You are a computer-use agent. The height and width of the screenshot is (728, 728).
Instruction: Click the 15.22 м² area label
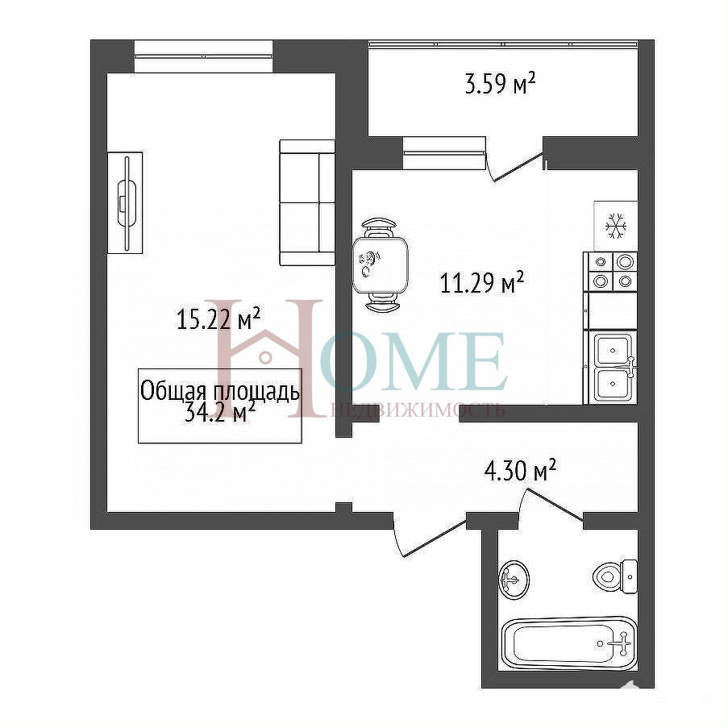coord(218,318)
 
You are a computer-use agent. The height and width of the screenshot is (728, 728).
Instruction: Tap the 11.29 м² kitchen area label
coord(482,282)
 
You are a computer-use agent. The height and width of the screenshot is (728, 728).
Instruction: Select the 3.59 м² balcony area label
coord(501,84)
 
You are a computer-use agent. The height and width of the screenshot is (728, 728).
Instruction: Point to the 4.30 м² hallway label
coord(520,471)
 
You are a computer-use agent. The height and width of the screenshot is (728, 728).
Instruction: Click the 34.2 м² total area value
coord(220,412)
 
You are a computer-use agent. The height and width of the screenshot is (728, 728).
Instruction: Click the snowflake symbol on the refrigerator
coord(616,226)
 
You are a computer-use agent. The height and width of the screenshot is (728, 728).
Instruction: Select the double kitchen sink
coord(613,367)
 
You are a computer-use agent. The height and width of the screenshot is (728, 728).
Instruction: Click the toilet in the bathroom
coord(615,576)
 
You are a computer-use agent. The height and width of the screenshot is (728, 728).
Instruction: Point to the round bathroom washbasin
coord(514,579)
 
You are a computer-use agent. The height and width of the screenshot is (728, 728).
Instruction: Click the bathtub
coord(568,643)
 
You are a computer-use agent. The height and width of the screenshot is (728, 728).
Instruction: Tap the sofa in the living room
coord(307,202)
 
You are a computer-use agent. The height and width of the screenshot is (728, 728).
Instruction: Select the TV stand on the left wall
coord(125,202)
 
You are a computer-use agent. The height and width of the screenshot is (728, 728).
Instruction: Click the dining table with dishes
coord(380,264)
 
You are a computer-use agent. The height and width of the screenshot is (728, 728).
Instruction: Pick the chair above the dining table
coord(380,227)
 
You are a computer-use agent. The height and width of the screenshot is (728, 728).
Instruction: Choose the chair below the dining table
coord(381,302)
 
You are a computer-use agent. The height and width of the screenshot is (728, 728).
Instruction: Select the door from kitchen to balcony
coord(516,166)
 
